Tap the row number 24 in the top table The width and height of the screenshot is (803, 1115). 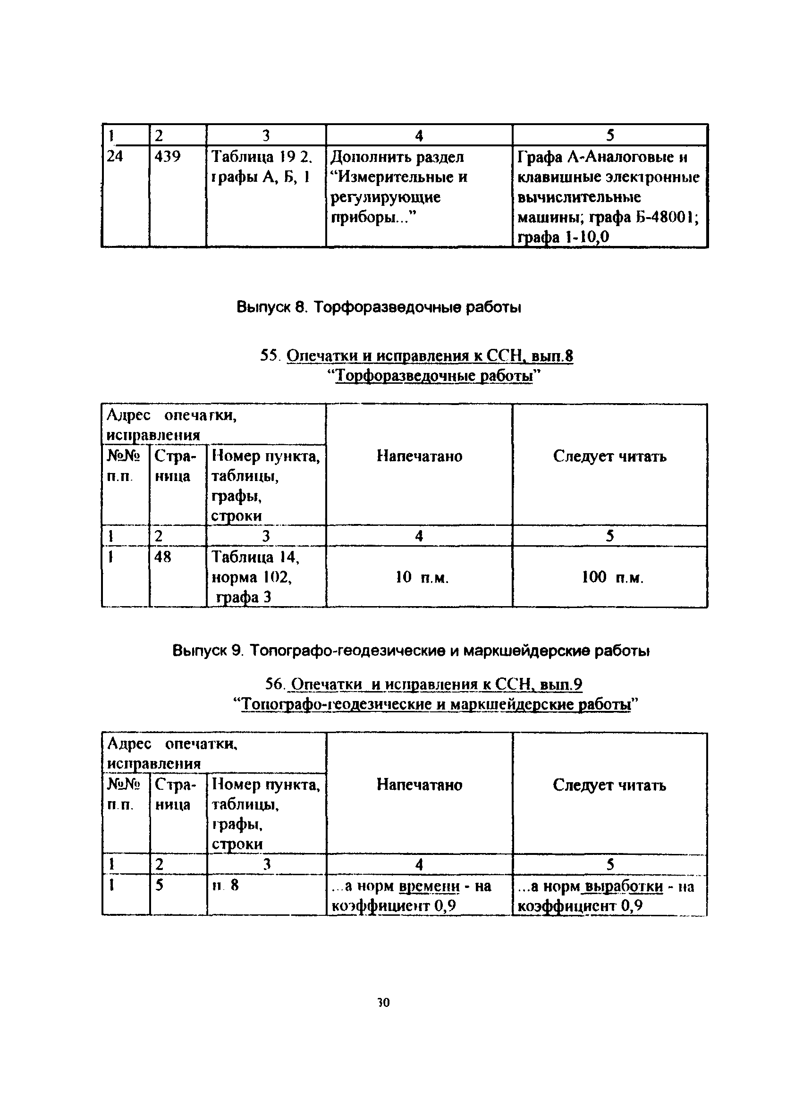(116, 157)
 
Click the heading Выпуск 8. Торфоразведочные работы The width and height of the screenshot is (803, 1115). (379, 307)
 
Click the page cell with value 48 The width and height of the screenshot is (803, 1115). (163, 557)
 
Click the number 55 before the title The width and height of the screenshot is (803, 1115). (270, 355)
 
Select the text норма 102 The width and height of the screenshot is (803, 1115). (251, 577)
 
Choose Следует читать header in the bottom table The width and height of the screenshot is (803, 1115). (609, 785)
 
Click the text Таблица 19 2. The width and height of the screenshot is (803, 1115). (262, 157)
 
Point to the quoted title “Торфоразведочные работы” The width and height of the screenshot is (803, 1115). (434, 376)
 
